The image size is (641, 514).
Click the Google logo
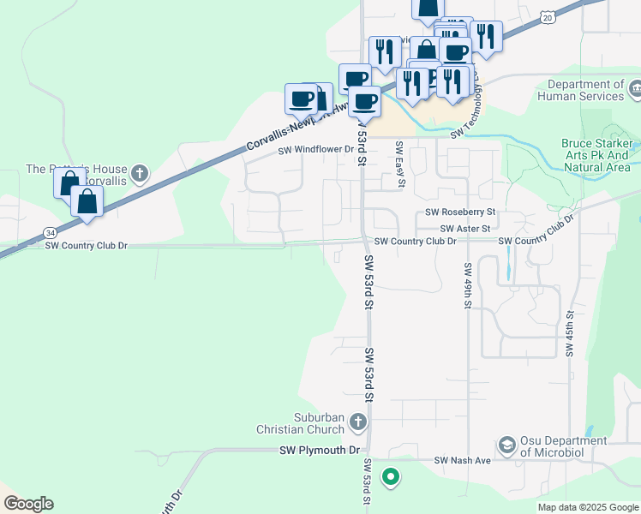(x=28, y=504)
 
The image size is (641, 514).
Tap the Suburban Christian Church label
(x=306, y=422)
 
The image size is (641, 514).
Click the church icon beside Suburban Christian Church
(x=358, y=421)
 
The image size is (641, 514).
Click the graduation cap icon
(x=506, y=445)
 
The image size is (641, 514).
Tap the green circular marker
(x=391, y=476)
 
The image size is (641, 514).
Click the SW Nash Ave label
(x=462, y=461)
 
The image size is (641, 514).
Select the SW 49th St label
(x=469, y=291)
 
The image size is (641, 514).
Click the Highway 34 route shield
(x=51, y=232)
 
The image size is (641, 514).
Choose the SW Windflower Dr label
(x=315, y=149)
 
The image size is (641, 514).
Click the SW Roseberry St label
(x=461, y=212)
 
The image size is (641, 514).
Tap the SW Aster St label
(x=465, y=229)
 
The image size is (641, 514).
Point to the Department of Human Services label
(x=586, y=90)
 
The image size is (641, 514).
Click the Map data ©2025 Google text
(x=586, y=507)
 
